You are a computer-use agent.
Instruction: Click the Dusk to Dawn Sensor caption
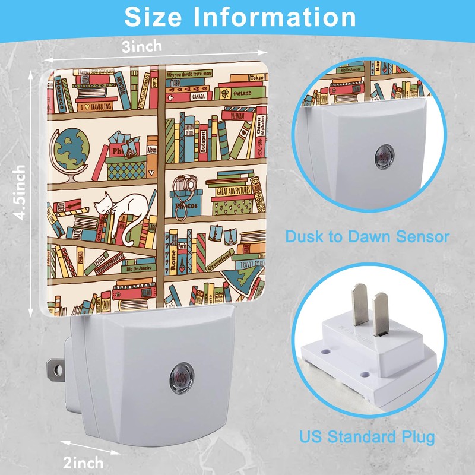(367, 237)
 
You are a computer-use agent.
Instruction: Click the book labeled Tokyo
(256, 78)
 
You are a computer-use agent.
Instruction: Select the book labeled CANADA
(199, 96)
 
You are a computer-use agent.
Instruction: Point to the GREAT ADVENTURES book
(232, 191)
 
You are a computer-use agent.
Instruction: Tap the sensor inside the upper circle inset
(381, 157)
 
